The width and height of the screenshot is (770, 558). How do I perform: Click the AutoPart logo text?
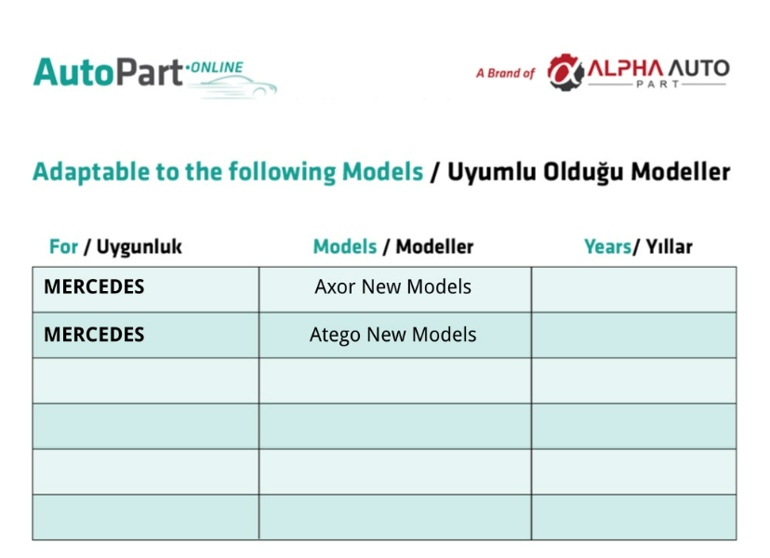pos(108,73)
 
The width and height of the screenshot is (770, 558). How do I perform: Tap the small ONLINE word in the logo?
pos(217,67)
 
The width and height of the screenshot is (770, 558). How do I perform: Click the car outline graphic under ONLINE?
pos(232,86)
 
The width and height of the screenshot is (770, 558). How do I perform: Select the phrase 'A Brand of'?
pos(505,73)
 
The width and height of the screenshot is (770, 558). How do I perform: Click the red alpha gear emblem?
pos(565,73)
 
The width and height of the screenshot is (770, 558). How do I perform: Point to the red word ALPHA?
pos(625,68)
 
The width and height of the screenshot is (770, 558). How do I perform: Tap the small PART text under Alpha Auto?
pos(657,84)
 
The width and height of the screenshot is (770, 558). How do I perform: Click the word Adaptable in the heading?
pos(91,172)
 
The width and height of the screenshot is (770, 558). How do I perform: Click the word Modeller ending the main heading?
pos(680,172)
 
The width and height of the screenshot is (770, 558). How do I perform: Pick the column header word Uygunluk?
pos(139,247)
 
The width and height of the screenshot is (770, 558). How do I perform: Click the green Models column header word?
pos(345,246)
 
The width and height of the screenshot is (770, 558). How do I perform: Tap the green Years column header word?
pos(607,246)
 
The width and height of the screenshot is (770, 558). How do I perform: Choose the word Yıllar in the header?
pos(669,246)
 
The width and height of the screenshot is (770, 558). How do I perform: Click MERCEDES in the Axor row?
pos(94,286)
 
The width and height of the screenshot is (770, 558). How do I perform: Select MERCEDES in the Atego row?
pos(94,335)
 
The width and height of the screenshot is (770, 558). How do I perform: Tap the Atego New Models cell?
pos(392,335)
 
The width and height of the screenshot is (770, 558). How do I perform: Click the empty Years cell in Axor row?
pos(634,290)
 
